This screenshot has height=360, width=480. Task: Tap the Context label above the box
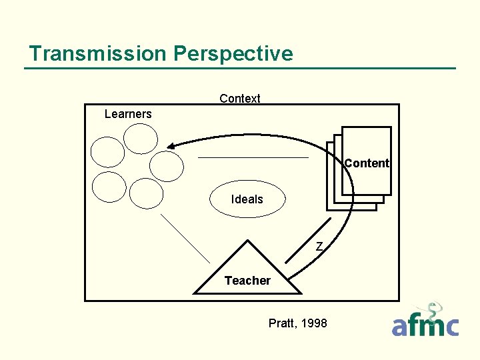[240, 99]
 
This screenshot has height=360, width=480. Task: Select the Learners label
[128, 114]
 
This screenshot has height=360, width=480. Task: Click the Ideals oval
[247, 199]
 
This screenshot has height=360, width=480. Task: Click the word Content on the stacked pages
[367, 163]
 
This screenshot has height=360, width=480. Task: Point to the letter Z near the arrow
[319, 247]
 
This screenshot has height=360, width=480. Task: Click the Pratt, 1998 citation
[297, 323]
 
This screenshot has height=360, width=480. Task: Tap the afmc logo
[425, 323]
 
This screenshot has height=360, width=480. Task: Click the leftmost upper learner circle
[108, 152]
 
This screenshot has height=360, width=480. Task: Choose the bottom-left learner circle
[109, 187]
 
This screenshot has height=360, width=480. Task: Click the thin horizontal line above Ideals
[253, 157]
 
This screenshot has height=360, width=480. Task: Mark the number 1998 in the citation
[314, 323]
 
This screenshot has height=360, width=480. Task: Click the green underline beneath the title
[240, 68]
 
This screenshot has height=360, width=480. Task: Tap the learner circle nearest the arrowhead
[167, 166]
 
